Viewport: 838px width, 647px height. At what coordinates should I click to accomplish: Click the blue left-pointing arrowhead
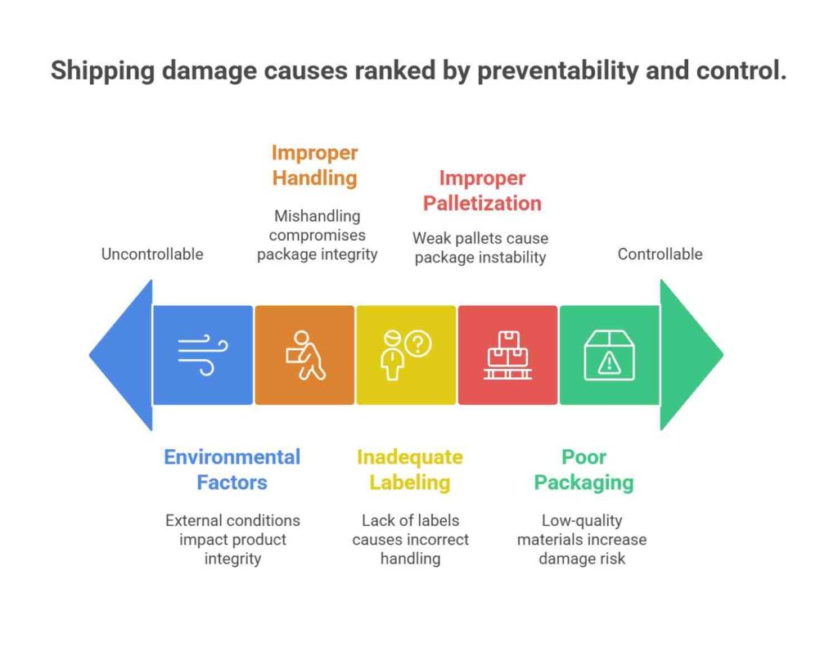125,355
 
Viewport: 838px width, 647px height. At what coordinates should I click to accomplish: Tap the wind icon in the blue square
203,355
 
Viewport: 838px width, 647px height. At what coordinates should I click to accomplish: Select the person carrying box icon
305,355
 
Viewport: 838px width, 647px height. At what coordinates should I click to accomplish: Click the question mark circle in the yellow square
418,344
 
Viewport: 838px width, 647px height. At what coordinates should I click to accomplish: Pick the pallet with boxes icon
507,355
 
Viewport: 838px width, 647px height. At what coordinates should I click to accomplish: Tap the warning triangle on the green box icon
609,363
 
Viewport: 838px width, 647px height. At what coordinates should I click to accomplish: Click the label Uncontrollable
152,254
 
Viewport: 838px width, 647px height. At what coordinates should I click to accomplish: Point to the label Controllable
660,254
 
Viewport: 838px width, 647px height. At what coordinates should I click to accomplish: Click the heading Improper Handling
315,165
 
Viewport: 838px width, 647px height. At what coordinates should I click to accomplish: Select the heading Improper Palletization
482,191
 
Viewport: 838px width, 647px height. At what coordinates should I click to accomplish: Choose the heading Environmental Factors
232,470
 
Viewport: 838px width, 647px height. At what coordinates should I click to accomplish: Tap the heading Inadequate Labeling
410,470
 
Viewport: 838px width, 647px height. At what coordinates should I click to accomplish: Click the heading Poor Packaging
583,470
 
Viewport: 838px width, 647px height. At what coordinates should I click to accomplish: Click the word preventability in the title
557,70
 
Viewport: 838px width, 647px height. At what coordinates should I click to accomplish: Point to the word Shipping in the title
102,70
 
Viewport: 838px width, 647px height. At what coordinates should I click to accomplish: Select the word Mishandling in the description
318,216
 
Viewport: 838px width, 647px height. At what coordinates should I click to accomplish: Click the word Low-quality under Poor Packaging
582,520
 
